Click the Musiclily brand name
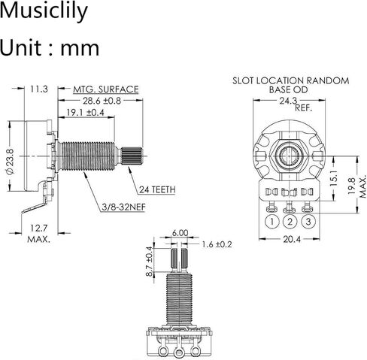pyautogui.click(x=44, y=11)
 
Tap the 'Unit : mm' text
pyautogui.click(x=50, y=47)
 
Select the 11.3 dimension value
pyautogui.click(x=39, y=89)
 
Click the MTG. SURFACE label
pyautogui.click(x=106, y=89)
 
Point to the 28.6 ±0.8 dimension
pyautogui.click(x=102, y=101)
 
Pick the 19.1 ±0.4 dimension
pyautogui.click(x=85, y=113)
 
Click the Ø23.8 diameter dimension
pyautogui.click(x=10, y=162)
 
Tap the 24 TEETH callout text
pyautogui.click(x=157, y=189)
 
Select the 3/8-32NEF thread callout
pyautogui.click(x=124, y=207)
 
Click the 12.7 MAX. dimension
pyautogui.click(x=39, y=234)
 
